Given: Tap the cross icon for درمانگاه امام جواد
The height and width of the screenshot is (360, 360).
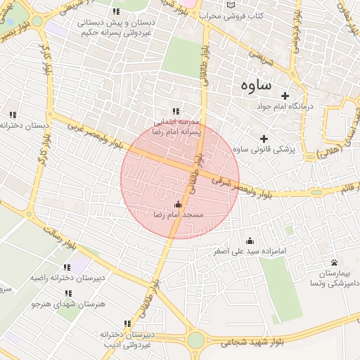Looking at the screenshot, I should [285, 96].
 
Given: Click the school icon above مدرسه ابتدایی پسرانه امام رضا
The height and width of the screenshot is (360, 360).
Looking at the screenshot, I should [176, 111].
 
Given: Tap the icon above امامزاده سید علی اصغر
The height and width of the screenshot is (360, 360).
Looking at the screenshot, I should [250, 240].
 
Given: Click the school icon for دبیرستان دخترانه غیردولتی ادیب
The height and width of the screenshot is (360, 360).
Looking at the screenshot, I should [127, 324].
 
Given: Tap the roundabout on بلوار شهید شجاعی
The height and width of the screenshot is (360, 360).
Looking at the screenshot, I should [195, 341].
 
